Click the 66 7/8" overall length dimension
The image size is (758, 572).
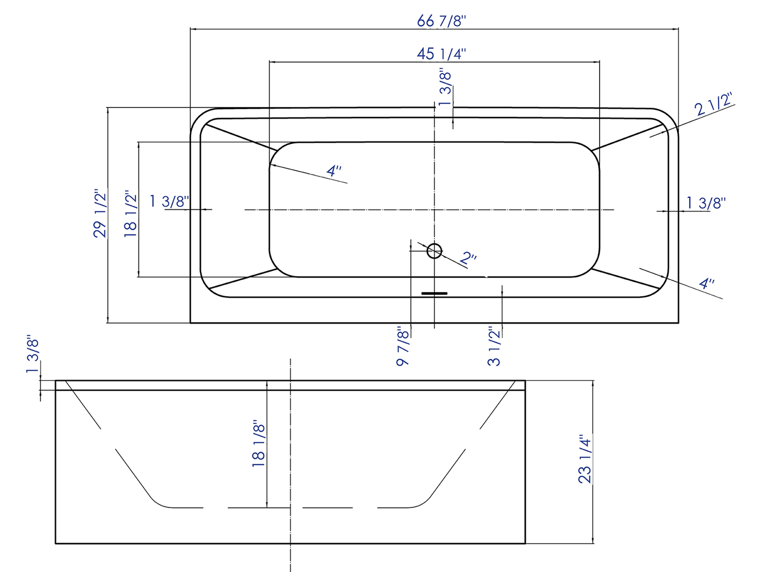[x=441, y=20]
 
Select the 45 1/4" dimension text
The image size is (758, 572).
[x=441, y=53]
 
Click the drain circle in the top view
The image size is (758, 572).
[x=434, y=251]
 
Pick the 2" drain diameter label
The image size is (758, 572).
[x=468, y=258]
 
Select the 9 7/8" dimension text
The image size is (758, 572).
[x=402, y=346]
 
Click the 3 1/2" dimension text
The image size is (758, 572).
[x=494, y=346]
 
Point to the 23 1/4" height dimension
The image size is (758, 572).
[x=585, y=459]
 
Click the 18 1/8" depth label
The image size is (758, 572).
[x=259, y=443]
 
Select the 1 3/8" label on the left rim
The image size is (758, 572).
[x=169, y=201]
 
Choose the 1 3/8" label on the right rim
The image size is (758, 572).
[x=706, y=202]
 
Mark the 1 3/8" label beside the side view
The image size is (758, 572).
[x=33, y=355]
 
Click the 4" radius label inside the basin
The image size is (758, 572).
[x=334, y=171]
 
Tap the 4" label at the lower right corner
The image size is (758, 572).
[x=707, y=284]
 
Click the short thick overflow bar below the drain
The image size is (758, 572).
[x=434, y=293]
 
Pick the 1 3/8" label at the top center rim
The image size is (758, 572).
[x=445, y=87]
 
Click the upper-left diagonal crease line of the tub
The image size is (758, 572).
[x=240, y=137]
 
